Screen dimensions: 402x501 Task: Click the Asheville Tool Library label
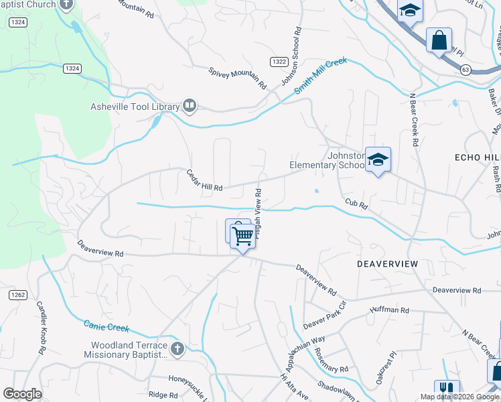pyautogui.click(x=135, y=106)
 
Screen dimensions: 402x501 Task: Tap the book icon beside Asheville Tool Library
pyautogui.click(x=190, y=106)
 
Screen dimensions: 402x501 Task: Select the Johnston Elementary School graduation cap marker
pyautogui.click(x=378, y=160)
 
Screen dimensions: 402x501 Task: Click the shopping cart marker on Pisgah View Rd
pyautogui.click(x=242, y=235)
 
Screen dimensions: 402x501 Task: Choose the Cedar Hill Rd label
pyautogui.click(x=204, y=180)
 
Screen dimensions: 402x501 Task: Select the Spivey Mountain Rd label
pyautogui.click(x=237, y=78)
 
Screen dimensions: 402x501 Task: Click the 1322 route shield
pyautogui.click(x=279, y=61)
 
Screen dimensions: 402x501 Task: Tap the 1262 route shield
pyautogui.click(x=17, y=294)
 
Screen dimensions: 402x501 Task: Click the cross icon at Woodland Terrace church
pyautogui.click(x=177, y=348)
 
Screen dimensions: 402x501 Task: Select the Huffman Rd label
pyautogui.click(x=389, y=310)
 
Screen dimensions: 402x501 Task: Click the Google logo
pyautogui.click(x=22, y=393)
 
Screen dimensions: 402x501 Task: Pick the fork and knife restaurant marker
pyautogui.click(x=446, y=389)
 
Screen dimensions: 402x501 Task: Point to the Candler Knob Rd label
pyautogui.click(x=42, y=328)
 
